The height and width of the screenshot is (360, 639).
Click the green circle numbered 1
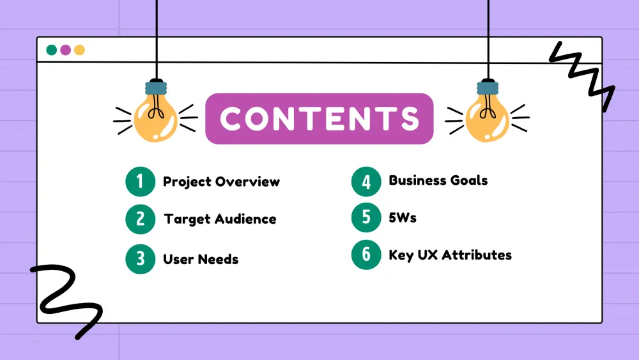tap(140, 182)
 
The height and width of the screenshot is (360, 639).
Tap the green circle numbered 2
tap(140, 219)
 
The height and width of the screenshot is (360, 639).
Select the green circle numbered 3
tap(140, 259)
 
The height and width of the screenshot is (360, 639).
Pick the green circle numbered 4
tap(366, 182)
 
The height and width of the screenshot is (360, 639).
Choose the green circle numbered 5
tap(366, 217)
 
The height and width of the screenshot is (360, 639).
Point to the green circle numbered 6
tap(366, 254)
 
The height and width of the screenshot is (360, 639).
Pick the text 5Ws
tap(402, 217)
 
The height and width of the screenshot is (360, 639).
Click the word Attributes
tap(477, 254)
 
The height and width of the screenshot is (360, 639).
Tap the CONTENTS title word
tap(319, 119)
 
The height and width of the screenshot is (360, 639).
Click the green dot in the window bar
tap(52, 50)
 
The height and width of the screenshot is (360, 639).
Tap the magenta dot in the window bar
tap(66, 50)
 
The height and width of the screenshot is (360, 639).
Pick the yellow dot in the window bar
tap(79, 50)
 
